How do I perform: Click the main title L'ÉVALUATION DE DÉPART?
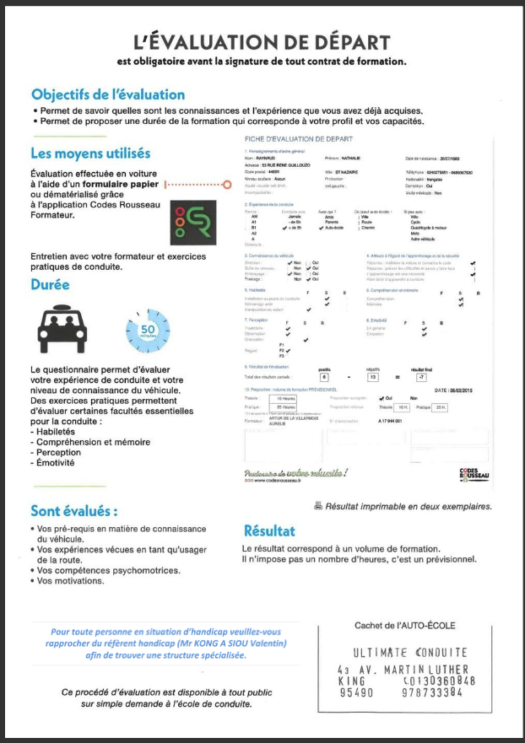tap(262, 43)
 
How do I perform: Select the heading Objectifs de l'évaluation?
tap(107, 94)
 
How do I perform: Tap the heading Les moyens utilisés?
tap(90, 153)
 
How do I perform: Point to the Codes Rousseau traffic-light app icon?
tap(191, 224)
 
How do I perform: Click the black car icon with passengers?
tap(62, 327)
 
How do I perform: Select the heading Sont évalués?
tap(73, 510)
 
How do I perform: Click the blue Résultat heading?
tap(269, 531)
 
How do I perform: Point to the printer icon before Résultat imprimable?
tap(317, 506)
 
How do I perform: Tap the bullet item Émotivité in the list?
tap(58, 463)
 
